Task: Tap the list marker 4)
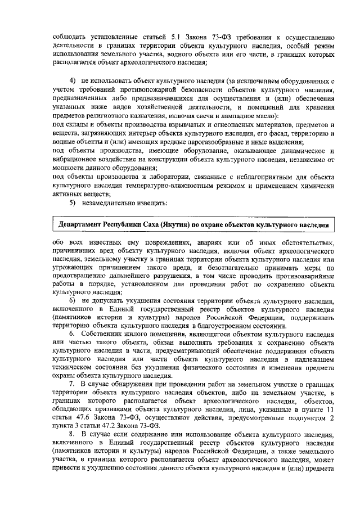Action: point(72,82)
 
